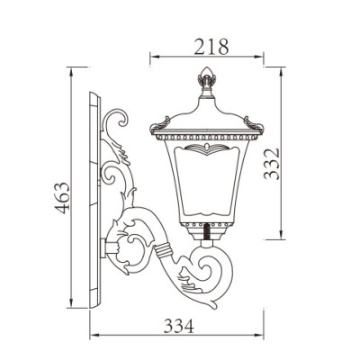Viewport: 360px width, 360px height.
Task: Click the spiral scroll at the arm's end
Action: pyautogui.click(x=216, y=269)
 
